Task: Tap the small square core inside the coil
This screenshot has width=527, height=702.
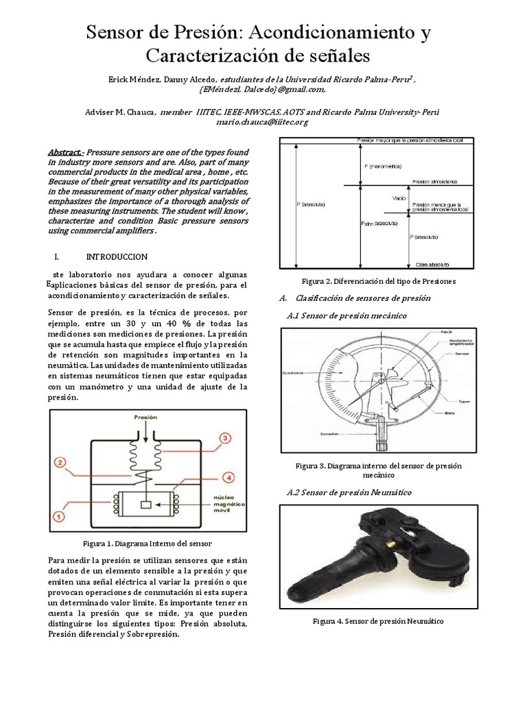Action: [145, 505]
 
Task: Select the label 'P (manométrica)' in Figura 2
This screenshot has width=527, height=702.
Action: [380, 166]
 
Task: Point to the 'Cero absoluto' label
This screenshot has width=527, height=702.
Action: [432, 263]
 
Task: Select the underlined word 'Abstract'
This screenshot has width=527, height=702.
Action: [66, 152]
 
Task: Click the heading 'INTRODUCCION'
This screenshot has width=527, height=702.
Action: [117, 256]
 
